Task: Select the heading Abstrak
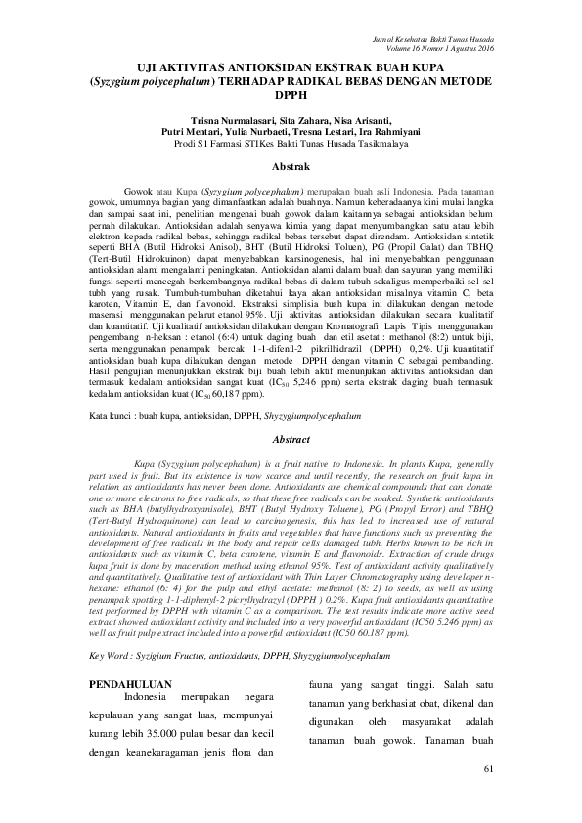[291, 168]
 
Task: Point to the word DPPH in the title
[291, 99]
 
